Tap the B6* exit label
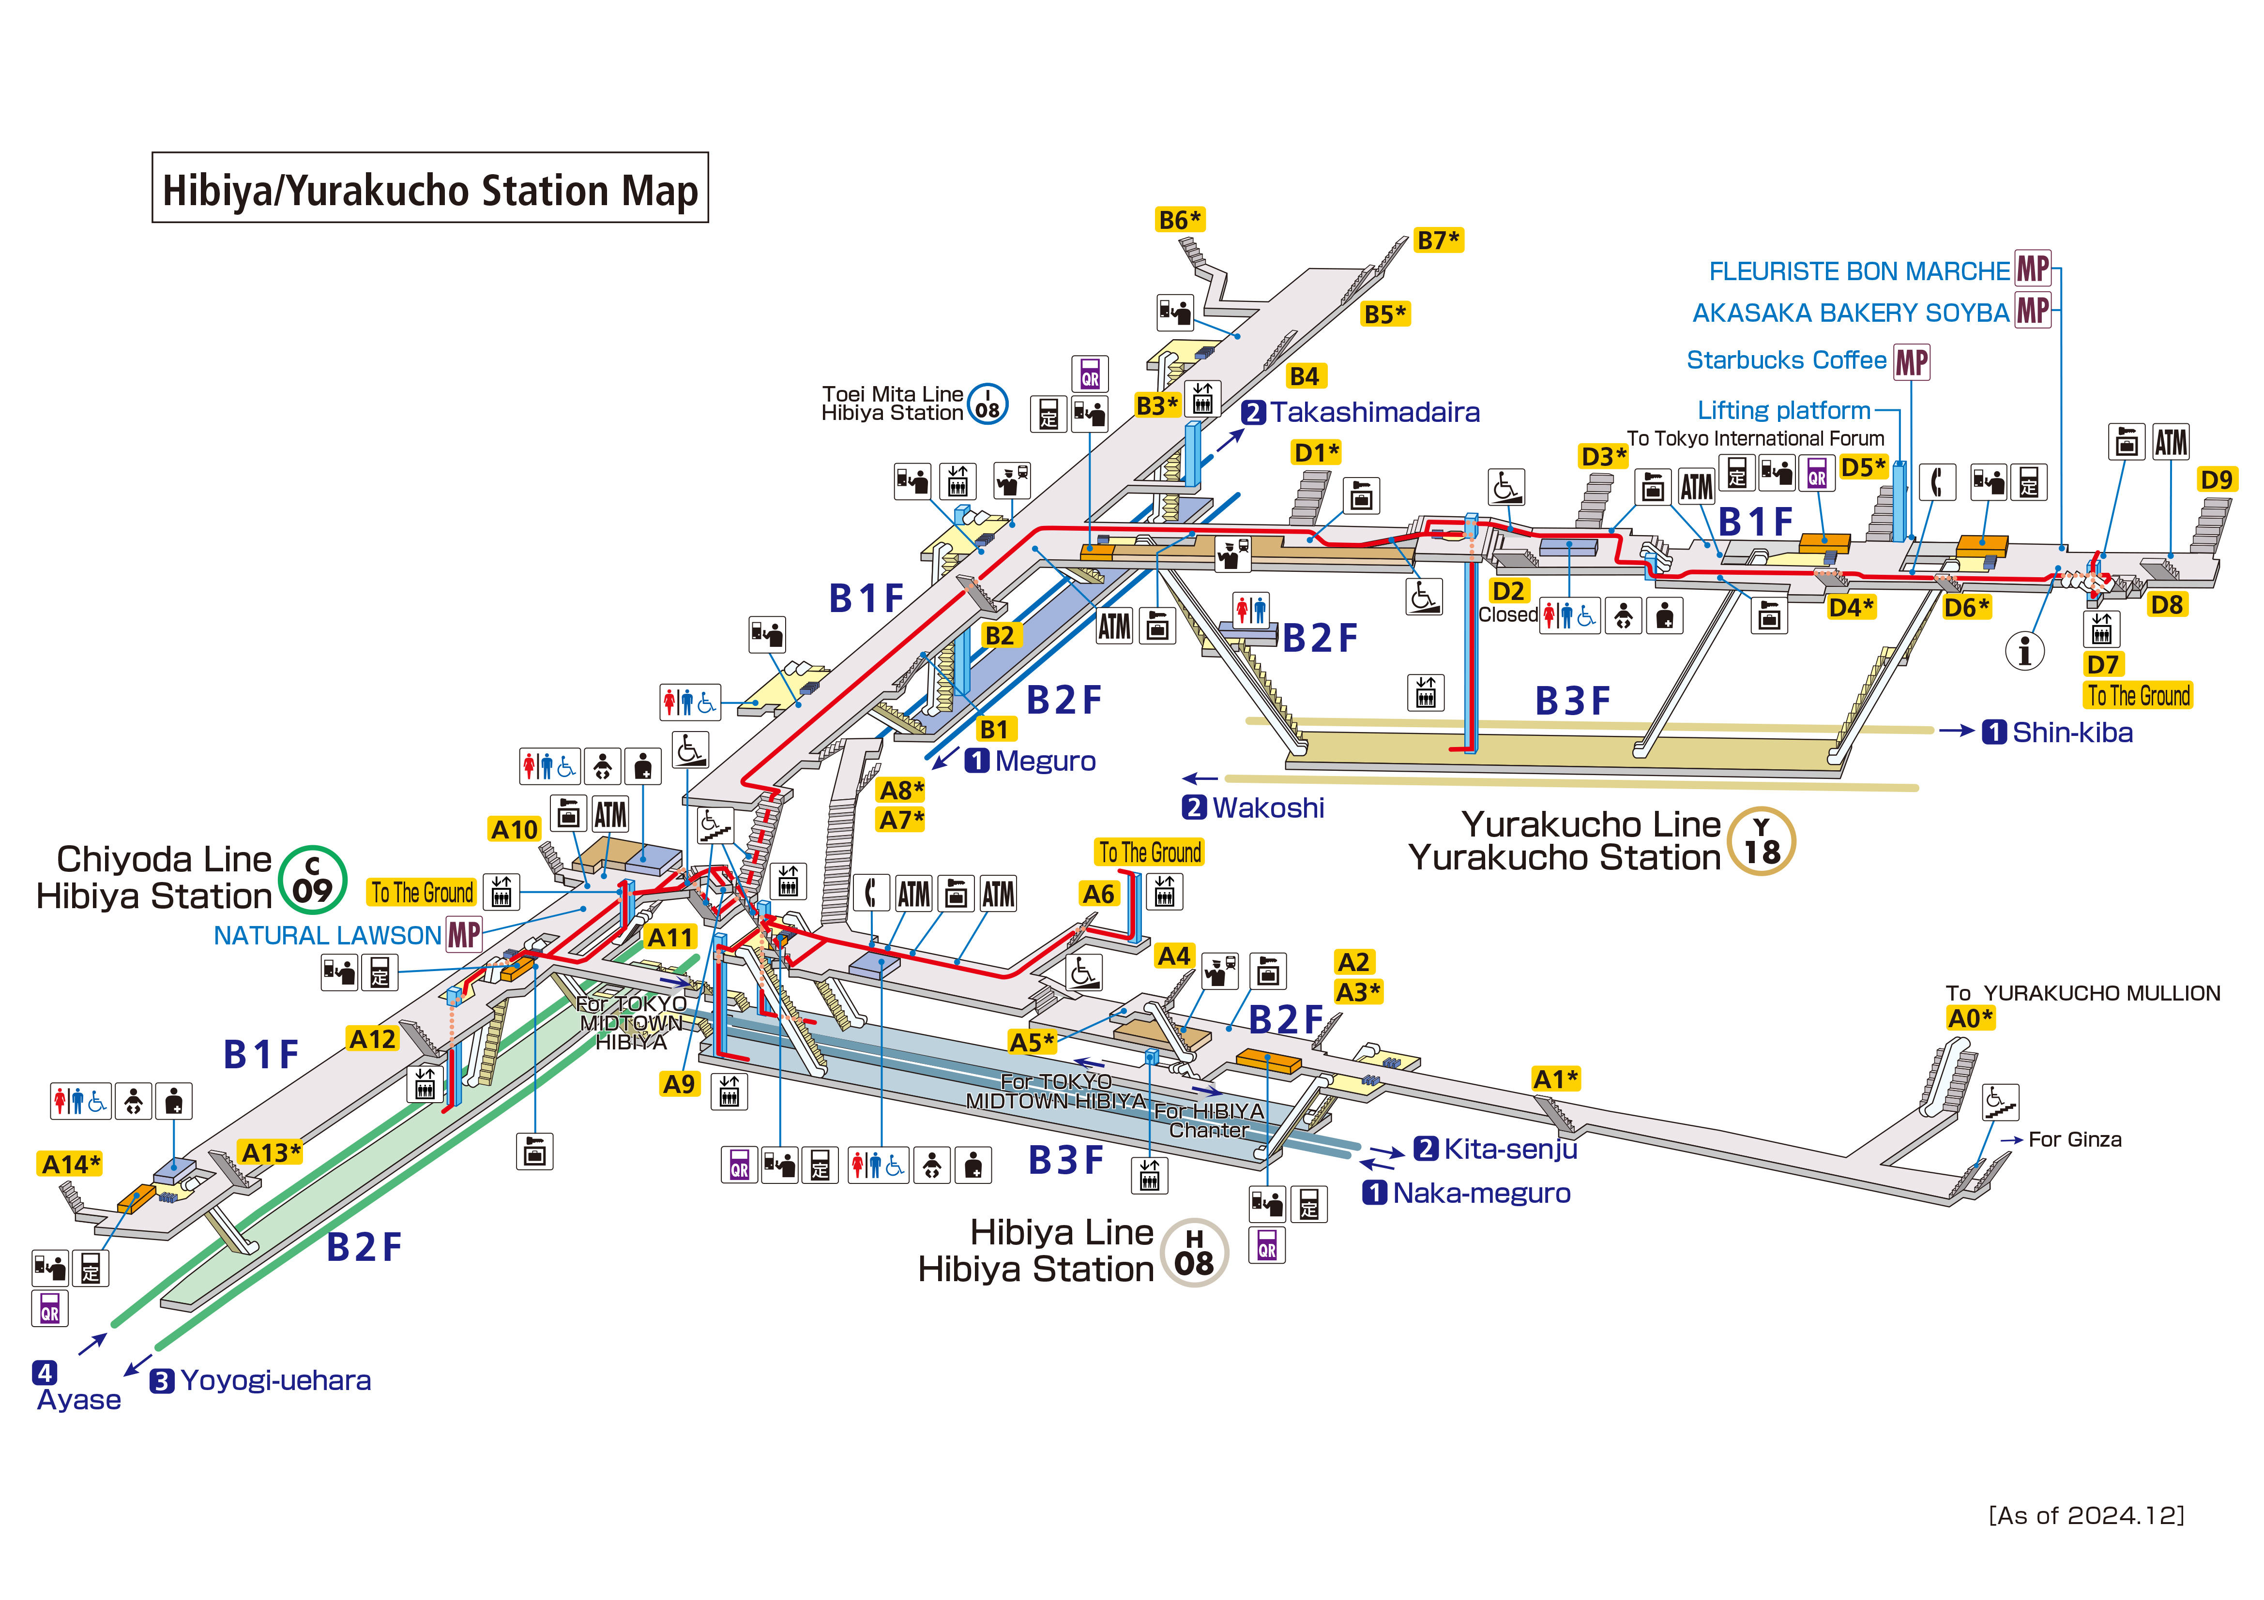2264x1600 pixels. point(1179,220)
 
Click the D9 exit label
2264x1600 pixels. point(2216,480)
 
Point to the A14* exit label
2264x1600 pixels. point(70,1164)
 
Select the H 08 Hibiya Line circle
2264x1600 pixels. point(1194,1252)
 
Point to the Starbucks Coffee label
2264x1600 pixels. point(1786,360)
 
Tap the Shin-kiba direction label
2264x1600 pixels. point(2072,733)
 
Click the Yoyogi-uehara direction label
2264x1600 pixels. point(275,1380)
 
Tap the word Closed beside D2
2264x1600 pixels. point(1508,614)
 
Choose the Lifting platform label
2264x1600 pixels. point(1783,410)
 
